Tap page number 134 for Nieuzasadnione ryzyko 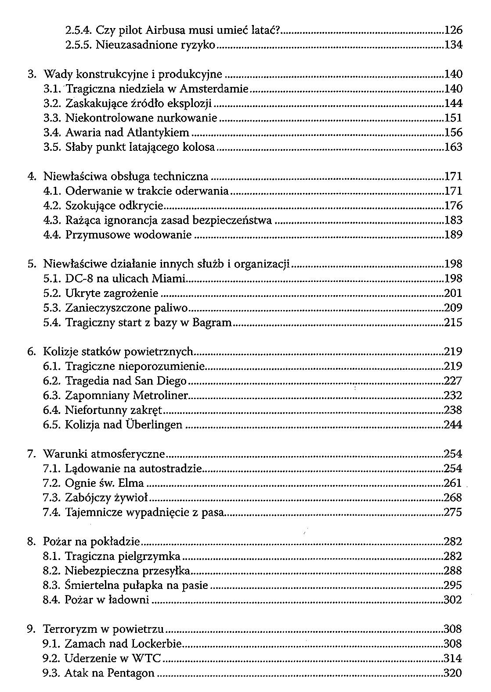coord(453,45)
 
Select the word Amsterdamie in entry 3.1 coord(220,89)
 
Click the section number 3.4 coord(52,132)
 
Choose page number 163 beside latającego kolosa coord(453,147)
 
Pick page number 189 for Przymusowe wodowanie coord(453,235)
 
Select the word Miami coord(170,278)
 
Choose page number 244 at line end coord(453,424)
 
